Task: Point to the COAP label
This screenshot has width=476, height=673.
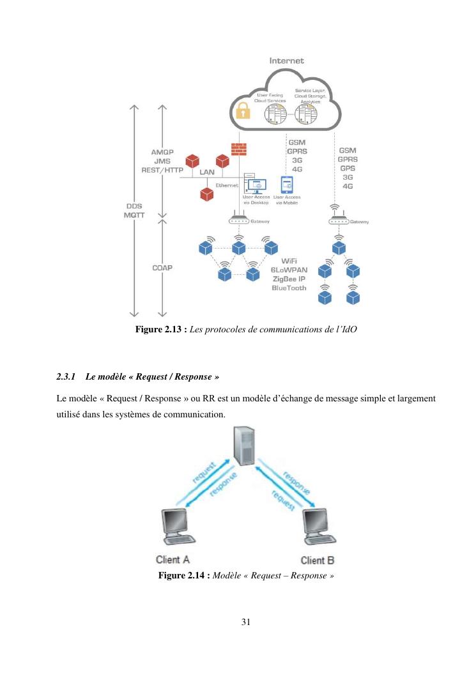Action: click(164, 268)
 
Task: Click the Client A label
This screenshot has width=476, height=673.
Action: click(173, 560)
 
